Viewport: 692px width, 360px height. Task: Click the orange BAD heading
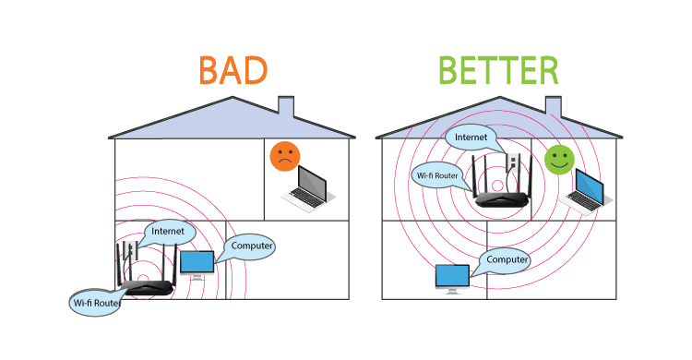pos(233,71)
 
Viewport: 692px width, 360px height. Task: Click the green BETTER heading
pos(497,71)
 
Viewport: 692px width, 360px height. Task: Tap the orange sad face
pos(284,157)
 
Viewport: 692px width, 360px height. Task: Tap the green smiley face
pos(556,159)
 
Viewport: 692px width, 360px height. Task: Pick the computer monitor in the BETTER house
pos(450,277)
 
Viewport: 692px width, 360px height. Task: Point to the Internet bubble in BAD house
pos(168,232)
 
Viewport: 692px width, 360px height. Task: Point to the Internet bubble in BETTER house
pos(471,137)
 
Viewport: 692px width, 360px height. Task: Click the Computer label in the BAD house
pos(250,246)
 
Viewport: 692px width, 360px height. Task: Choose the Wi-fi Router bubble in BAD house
pos(95,302)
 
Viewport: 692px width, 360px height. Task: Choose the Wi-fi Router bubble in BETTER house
pos(438,174)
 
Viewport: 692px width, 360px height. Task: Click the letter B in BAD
pos(211,71)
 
